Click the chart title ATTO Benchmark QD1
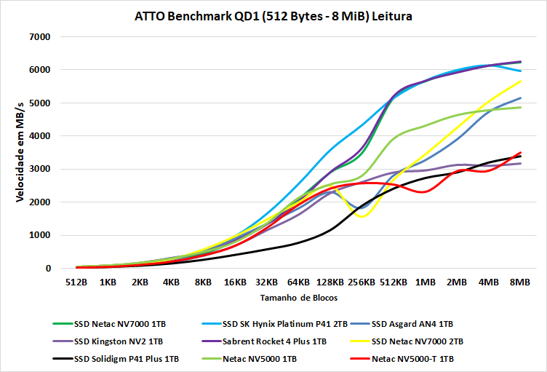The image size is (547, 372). pyautogui.click(x=273, y=16)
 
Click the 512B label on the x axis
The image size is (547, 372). pyautogui.click(x=76, y=282)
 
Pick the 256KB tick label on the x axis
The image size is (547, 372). pyautogui.click(x=361, y=282)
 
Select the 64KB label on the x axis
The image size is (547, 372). pyautogui.click(x=298, y=282)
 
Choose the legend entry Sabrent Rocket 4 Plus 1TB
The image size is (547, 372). pyautogui.click(x=274, y=341)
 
